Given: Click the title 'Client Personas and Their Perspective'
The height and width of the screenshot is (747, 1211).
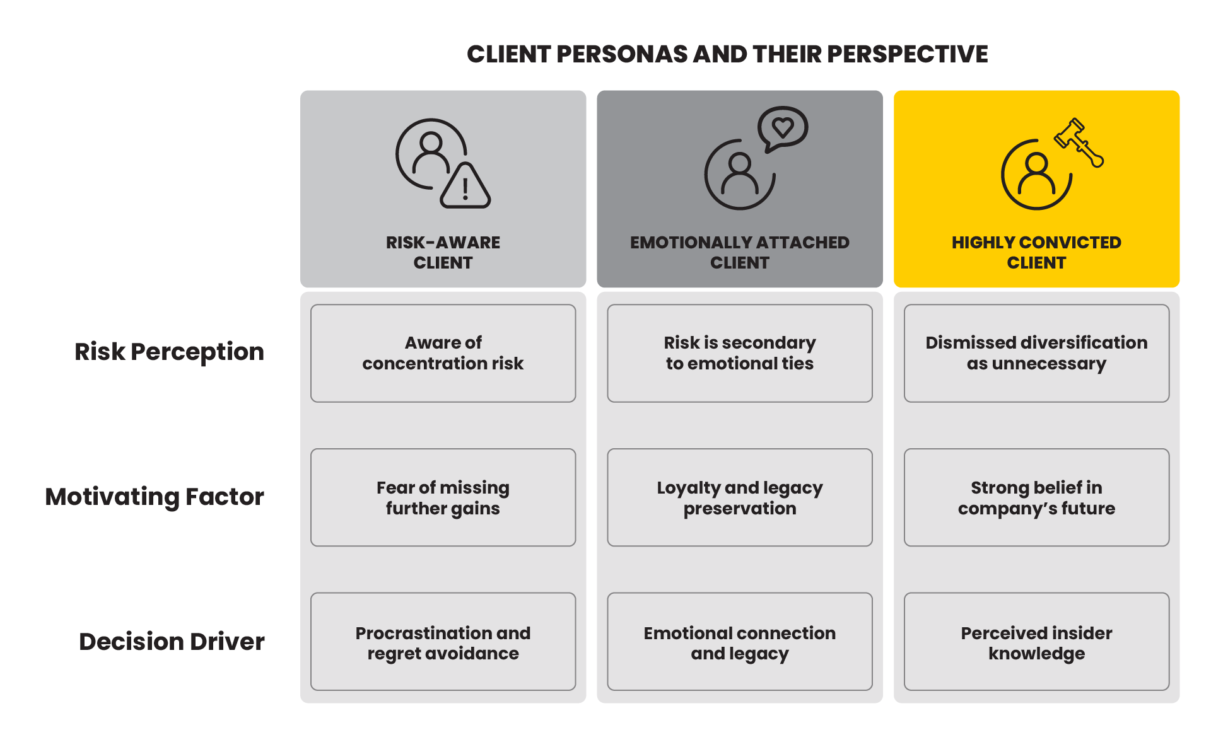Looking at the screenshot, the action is click(x=727, y=54).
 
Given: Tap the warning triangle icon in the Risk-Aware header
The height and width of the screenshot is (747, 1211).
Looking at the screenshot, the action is click(x=465, y=186).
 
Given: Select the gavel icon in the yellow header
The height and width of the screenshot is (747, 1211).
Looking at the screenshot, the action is click(x=1079, y=142).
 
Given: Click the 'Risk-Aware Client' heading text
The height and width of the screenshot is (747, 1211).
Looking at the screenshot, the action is click(x=443, y=252).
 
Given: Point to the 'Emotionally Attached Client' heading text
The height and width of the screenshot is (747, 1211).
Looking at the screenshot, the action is click(x=740, y=252).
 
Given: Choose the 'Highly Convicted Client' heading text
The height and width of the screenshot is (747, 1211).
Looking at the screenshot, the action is click(x=1036, y=252).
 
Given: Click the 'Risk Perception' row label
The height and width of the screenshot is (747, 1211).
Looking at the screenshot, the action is click(x=169, y=352).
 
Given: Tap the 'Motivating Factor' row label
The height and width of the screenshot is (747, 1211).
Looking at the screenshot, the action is click(x=155, y=497).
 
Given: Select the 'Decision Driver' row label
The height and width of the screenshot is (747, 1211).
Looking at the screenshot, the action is click(x=172, y=641).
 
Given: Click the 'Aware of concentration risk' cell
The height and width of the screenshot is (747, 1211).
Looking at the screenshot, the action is click(x=443, y=353).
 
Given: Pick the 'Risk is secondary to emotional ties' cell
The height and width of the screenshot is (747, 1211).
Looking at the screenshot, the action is click(x=740, y=353).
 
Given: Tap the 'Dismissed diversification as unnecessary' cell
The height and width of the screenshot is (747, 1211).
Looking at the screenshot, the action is click(x=1036, y=353).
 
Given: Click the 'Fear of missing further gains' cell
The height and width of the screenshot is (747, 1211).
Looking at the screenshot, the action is click(x=443, y=497).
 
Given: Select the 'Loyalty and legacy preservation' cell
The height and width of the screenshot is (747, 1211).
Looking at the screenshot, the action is click(x=740, y=497).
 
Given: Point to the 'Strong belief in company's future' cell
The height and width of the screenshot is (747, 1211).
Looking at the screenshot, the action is click(x=1036, y=497).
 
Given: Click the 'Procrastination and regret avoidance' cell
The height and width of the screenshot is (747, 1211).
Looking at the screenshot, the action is click(x=443, y=642).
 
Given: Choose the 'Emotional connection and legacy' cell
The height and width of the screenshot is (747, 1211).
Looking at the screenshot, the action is click(x=740, y=642).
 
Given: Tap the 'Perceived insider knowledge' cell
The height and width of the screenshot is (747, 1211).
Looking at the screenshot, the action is click(x=1036, y=642).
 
